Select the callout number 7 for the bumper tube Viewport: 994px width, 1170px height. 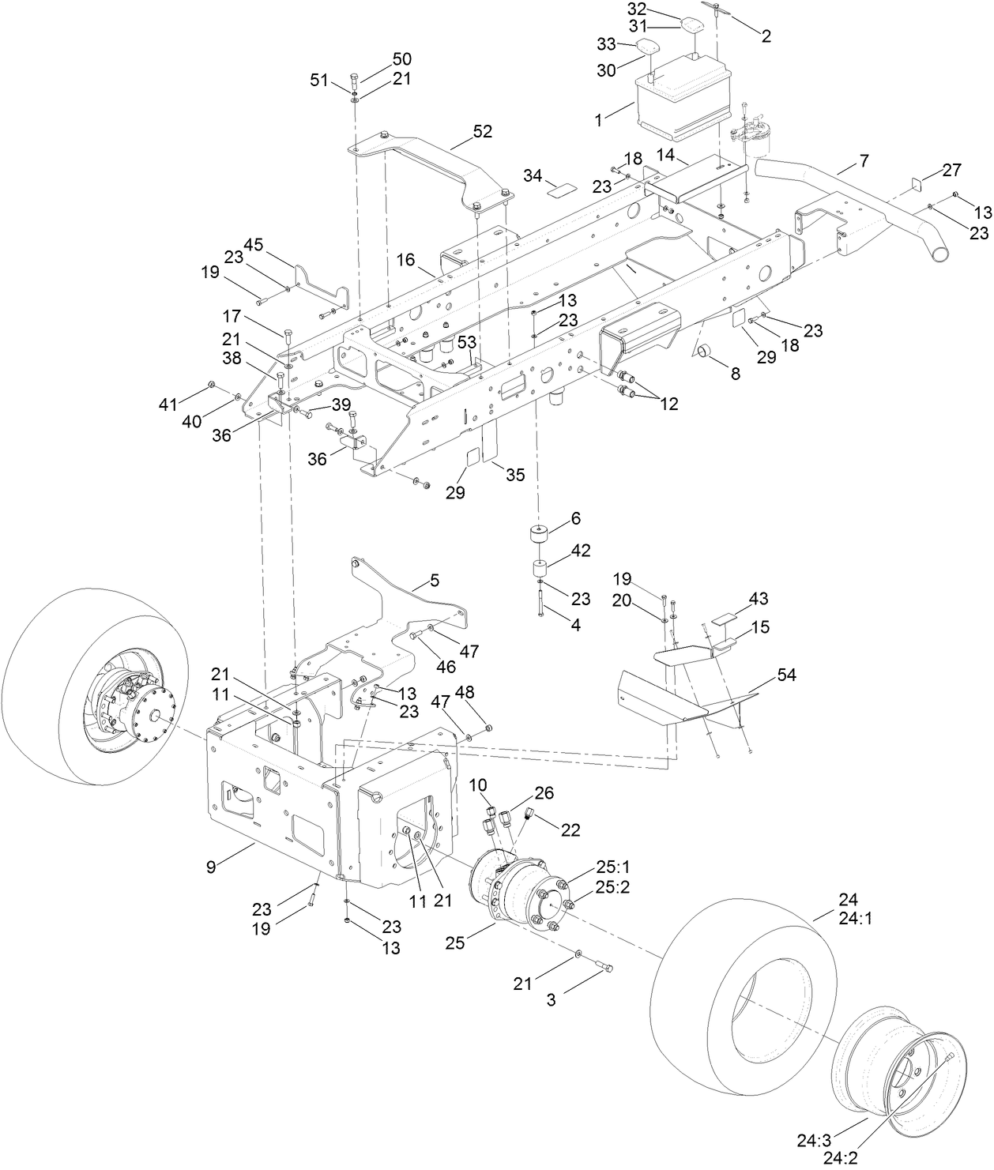point(864,161)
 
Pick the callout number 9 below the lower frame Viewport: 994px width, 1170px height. point(211,867)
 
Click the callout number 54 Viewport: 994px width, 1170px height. point(786,675)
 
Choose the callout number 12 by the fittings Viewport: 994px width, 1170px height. point(669,404)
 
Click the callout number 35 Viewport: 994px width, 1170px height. point(515,475)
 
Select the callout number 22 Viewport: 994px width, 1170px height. point(570,830)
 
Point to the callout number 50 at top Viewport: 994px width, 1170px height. point(402,59)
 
